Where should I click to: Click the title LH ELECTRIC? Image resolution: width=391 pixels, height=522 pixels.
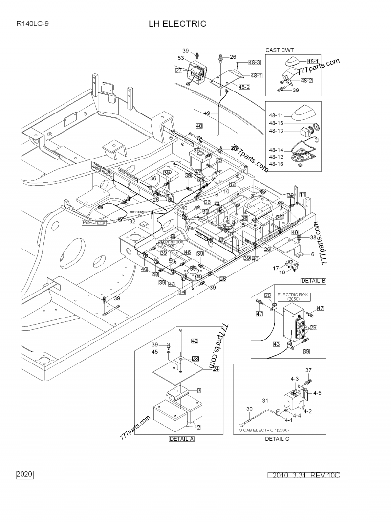tap(177, 23)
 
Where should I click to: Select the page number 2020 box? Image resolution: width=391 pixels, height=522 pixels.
tap(24, 475)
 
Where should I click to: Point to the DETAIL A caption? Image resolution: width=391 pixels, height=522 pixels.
tap(181, 439)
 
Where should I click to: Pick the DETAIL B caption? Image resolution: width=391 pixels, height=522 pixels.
tap(313, 280)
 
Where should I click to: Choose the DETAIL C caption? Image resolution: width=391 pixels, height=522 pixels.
tap(277, 439)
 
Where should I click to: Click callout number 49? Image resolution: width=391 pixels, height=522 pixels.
tap(207, 113)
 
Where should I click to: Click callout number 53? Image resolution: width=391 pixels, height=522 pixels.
tap(180, 58)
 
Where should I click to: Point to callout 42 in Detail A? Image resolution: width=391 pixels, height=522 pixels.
tap(195, 340)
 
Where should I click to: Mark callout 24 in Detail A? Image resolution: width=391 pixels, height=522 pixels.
tap(216, 369)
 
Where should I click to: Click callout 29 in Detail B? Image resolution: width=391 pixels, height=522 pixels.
tap(313, 327)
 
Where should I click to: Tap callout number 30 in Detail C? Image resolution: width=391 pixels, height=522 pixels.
tap(249, 409)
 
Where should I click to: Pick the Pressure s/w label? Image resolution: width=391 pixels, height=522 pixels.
tap(94, 222)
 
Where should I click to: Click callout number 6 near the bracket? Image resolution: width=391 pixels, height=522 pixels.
tap(312, 254)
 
